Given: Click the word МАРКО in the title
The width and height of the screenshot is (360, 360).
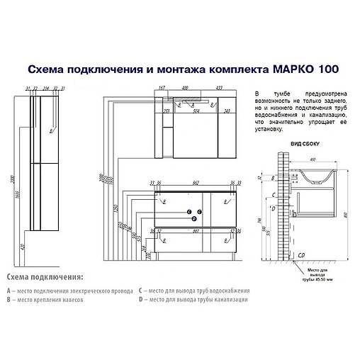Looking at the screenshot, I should (x=291, y=69).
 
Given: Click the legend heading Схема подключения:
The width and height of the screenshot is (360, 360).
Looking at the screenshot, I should (x=45, y=276).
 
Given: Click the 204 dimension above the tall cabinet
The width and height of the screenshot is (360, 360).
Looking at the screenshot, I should (x=46, y=89).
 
